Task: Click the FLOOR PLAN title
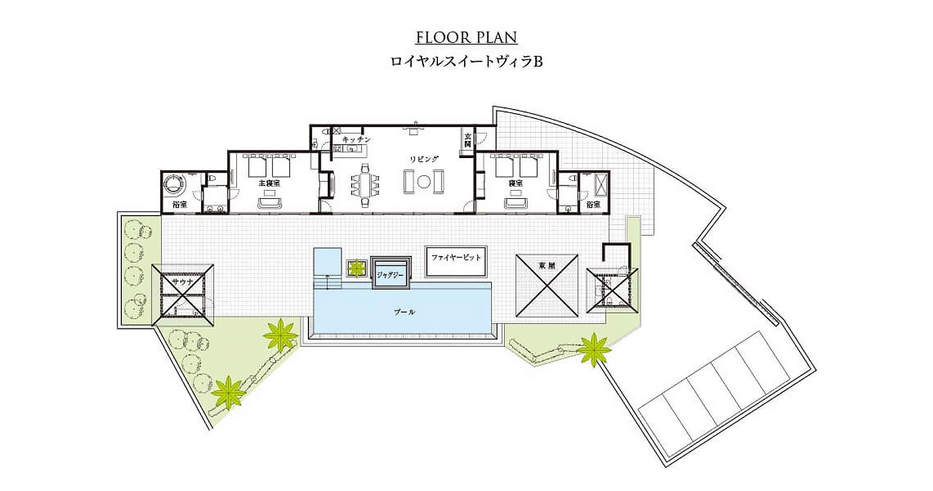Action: point(466,37)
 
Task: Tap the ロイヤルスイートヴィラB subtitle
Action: point(466,62)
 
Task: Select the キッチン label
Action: point(356,139)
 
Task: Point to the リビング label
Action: point(424,159)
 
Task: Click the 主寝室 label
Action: point(269,183)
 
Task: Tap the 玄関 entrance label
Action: point(468,139)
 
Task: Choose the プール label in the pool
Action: point(405,312)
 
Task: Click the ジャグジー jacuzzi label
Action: point(390,275)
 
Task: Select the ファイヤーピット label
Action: point(456,257)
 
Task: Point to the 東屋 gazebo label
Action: point(547,265)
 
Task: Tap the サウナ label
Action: point(183,282)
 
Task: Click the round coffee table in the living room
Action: point(423,182)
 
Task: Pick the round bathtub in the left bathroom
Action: point(174,183)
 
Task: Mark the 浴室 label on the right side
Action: point(593,205)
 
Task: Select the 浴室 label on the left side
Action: point(180,205)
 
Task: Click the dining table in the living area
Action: point(365,185)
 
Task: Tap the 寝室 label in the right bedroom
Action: point(515,183)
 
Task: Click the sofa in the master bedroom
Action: point(269,203)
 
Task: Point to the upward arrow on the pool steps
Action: point(327,282)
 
